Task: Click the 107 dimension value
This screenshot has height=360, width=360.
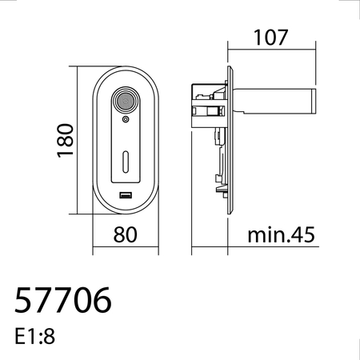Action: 270,37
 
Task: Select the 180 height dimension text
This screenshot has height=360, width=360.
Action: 66,140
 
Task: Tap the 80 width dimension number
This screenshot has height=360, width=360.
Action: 126,234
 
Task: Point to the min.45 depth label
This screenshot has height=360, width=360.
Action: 281,234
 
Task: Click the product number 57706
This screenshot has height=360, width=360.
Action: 63,300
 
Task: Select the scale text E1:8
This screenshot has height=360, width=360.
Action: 34,337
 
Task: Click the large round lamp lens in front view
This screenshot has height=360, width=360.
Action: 126,101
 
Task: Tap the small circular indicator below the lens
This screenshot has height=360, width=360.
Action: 126,119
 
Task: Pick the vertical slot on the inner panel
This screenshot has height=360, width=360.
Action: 126,162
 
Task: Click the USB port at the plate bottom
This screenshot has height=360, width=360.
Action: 126,195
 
